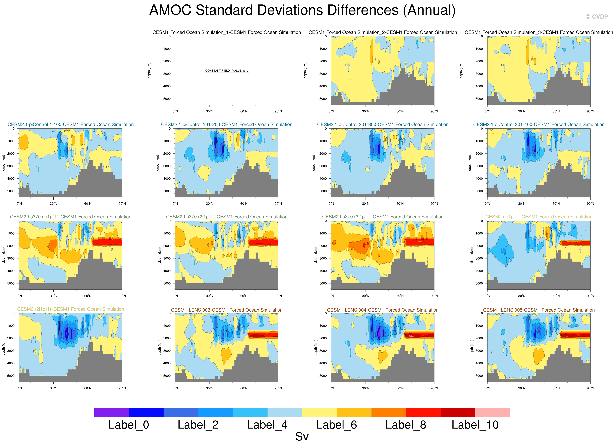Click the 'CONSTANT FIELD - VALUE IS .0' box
(226, 71)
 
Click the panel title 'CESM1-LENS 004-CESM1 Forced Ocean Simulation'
(383, 310)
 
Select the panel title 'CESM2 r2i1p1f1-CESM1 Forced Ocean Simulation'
(70, 309)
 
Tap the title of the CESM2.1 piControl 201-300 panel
(383, 125)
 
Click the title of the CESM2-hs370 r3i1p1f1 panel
(383, 217)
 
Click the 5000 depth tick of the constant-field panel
(167, 99)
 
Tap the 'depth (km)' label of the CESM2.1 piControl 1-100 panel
(4, 163)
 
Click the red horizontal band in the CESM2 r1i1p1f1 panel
(575, 243)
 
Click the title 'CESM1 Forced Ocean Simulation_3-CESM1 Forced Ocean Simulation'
(539, 32)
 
